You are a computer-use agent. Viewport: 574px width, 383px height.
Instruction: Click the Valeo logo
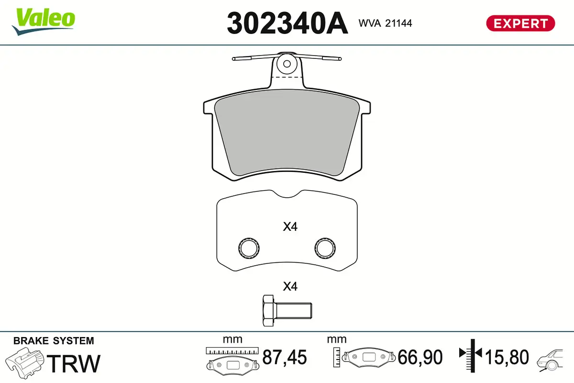click(x=44, y=22)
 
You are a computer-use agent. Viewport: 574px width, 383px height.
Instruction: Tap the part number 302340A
click(x=287, y=23)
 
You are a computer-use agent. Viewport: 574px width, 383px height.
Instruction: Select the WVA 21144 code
click(x=385, y=23)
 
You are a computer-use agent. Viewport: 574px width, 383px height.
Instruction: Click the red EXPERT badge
click(x=520, y=23)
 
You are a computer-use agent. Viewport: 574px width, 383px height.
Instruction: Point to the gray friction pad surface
click(x=287, y=132)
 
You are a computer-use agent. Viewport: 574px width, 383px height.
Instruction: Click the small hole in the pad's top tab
click(x=287, y=64)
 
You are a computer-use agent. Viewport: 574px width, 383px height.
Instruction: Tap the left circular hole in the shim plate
click(x=249, y=248)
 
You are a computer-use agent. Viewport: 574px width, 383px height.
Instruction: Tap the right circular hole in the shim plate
click(x=325, y=248)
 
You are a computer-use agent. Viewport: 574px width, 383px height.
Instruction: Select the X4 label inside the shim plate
click(x=290, y=226)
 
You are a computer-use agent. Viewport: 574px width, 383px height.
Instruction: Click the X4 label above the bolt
click(x=290, y=286)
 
